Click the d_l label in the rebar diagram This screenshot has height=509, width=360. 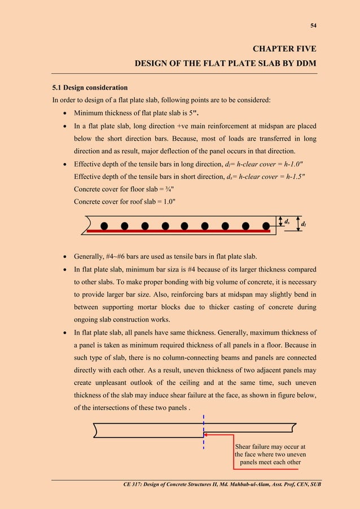[x=304, y=224]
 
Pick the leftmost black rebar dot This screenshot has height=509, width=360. [x=104, y=226]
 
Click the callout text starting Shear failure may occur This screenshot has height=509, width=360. [x=270, y=454]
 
